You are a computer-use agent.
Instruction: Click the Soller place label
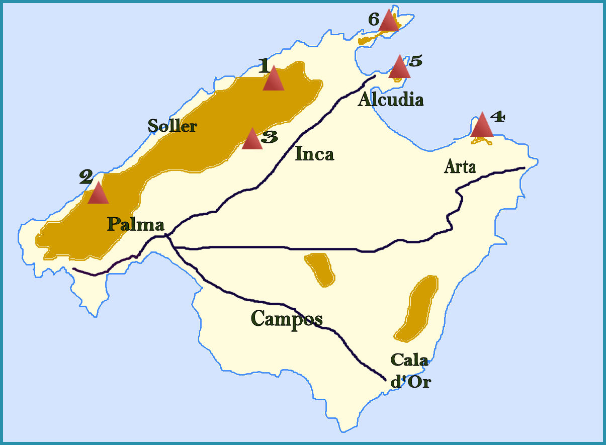pos(172,126)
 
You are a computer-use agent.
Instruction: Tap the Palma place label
pos(135,224)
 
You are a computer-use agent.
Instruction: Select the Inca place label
pos(314,153)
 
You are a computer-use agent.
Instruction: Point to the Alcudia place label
pos(391,100)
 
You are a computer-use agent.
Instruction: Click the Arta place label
pos(460,166)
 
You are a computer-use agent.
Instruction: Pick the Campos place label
pos(286,319)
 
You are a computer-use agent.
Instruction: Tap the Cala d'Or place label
pos(410,371)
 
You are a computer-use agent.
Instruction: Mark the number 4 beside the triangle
pos(497,117)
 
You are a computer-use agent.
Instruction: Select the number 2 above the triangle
pos(86,176)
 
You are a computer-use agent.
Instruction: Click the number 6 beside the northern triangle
pos(374,20)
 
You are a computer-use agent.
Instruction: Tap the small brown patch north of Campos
pos(320,270)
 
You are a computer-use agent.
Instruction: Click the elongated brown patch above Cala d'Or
pos(417,308)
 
